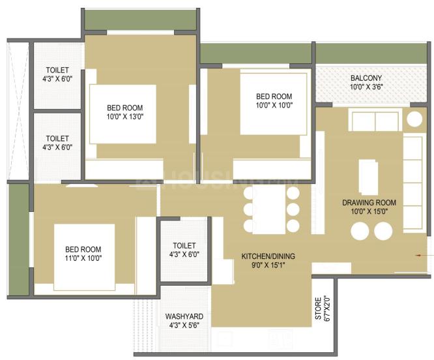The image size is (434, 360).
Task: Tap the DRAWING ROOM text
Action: (x=369, y=202)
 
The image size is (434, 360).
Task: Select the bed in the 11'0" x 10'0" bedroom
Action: (x=84, y=256)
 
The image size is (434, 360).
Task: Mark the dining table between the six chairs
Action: (x=269, y=209)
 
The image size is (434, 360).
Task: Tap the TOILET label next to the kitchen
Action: (x=184, y=245)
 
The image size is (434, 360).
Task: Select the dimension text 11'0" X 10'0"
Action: (x=83, y=258)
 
